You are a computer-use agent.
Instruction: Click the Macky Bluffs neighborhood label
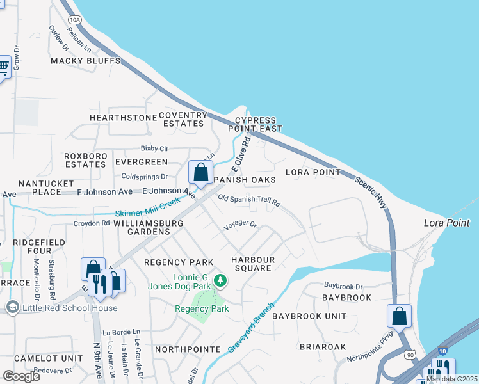point(86,61)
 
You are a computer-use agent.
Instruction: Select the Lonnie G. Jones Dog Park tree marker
point(220,281)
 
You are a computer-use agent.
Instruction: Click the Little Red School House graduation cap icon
point(12,308)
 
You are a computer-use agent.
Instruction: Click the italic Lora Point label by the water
point(446,223)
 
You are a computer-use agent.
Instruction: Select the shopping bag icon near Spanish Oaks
point(201,172)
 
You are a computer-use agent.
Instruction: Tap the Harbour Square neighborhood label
point(253,264)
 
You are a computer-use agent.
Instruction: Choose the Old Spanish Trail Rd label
point(249,201)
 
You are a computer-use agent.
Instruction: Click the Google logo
point(21,376)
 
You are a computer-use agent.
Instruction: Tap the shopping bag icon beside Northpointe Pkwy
point(399,316)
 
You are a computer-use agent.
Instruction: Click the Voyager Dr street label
point(239,225)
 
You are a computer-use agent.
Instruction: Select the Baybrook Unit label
point(309,316)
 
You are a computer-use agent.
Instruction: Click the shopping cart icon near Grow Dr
point(3,66)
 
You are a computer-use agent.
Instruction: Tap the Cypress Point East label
point(256,124)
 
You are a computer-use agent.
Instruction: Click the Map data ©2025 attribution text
point(451,379)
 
